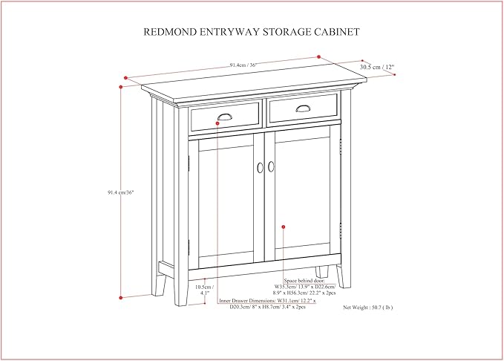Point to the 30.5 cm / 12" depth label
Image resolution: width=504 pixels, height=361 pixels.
pos(377,67)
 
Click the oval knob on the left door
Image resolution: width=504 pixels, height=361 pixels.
pos(260,167)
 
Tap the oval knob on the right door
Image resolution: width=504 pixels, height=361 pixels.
pos(271,167)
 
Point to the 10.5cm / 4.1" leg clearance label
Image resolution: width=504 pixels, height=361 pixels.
pos(204,290)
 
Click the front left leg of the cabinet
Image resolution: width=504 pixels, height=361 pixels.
pos(180,290)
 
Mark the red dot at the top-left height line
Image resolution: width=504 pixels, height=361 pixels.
pos(121,85)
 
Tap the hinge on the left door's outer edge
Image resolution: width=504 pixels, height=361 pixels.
pos(189,245)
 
